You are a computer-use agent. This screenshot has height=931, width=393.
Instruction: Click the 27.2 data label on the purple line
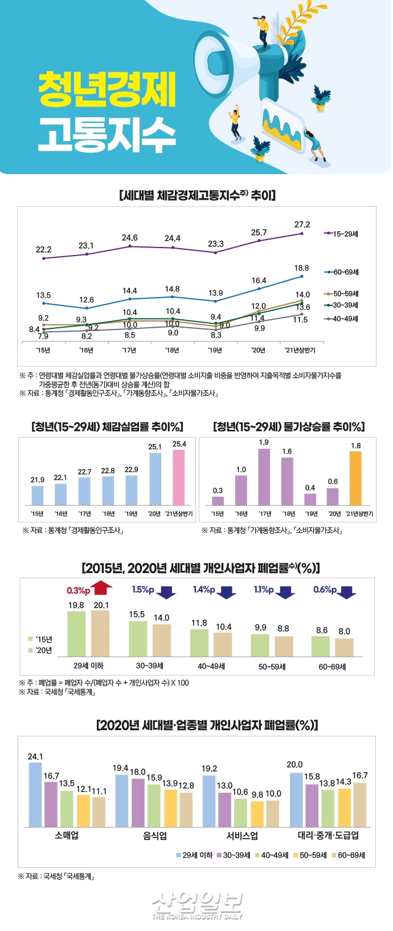(x=302, y=225)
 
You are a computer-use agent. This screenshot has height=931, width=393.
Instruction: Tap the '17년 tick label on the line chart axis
(x=129, y=350)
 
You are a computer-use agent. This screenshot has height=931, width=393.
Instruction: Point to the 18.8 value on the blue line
(x=301, y=268)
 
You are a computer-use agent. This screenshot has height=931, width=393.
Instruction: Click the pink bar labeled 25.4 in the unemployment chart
(x=179, y=477)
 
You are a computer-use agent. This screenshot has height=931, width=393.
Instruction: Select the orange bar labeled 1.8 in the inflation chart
(x=355, y=478)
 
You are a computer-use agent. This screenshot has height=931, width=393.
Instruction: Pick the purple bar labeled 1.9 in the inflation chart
(x=264, y=477)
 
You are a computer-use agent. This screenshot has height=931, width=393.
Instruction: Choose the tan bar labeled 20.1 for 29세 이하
(x=100, y=633)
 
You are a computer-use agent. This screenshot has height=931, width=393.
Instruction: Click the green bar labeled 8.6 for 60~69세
(x=321, y=646)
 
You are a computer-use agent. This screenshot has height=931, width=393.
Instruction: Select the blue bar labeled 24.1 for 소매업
(x=35, y=795)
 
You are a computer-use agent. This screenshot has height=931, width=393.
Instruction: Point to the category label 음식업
(x=155, y=835)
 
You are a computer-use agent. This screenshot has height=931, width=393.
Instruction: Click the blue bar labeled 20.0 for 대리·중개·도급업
(x=296, y=800)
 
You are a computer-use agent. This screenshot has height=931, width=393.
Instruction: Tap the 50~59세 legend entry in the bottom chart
(x=310, y=855)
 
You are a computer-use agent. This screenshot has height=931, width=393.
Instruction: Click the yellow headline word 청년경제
(x=107, y=90)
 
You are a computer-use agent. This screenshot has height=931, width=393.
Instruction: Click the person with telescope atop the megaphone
(x=263, y=28)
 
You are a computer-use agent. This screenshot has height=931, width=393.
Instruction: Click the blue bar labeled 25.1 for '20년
(x=155, y=479)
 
